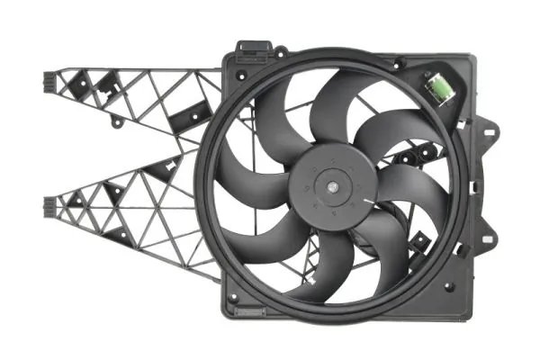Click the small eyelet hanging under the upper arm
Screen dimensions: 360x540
115,120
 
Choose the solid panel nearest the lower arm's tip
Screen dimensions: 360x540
74,200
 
